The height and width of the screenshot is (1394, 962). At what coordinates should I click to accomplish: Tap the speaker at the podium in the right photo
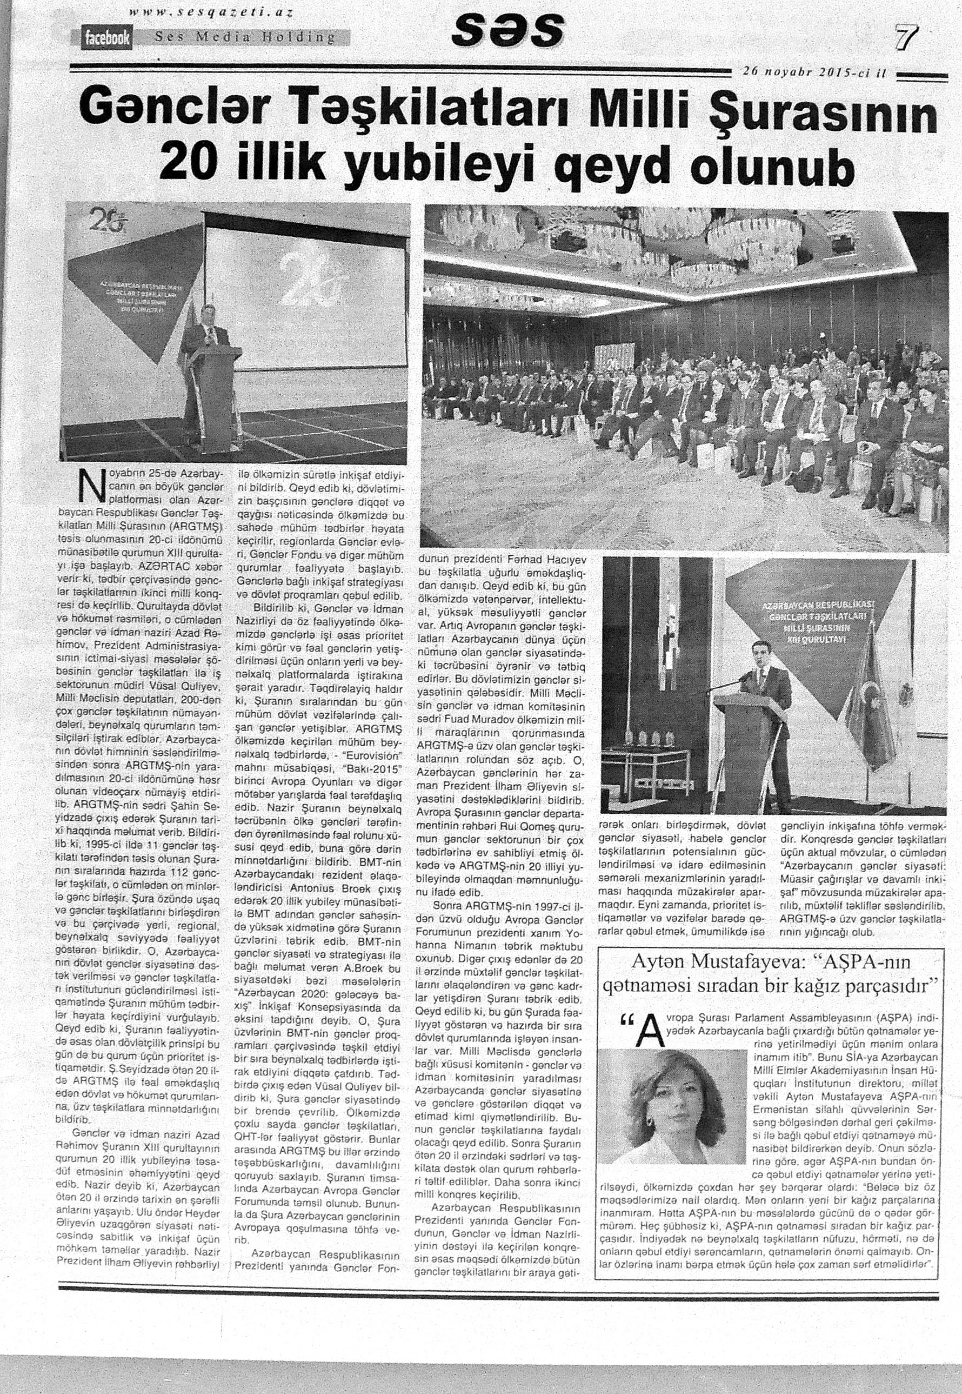(760, 670)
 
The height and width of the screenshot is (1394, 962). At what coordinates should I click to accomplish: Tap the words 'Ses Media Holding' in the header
(244, 37)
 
